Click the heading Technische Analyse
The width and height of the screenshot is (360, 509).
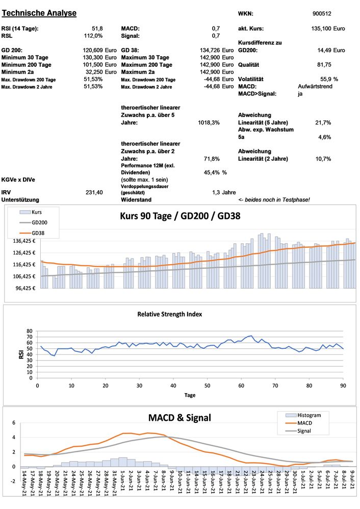pyautogui.click(x=39, y=13)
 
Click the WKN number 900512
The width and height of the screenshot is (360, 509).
pyautogui.click(x=321, y=13)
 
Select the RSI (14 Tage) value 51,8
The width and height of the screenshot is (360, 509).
pyautogui.click(x=97, y=29)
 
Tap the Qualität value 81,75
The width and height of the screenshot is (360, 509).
pyautogui.click(x=324, y=65)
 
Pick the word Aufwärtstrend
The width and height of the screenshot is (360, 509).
pyautogui.click(x=316, y=87)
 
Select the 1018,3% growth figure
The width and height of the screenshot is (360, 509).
pyautogui.click(x=209, y=123)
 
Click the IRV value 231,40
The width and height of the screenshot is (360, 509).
pyautogui.click(x=95, y=192)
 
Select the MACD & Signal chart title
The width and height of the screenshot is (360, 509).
pyautogui.click(x=179, y=418)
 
